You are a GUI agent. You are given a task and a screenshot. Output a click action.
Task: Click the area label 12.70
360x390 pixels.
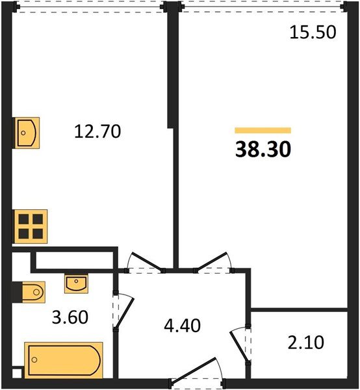coord(97,132)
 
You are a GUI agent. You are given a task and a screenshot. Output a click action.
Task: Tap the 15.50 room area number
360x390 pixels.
coord(313,32)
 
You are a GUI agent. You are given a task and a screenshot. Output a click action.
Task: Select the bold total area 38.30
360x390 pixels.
coord(263,150)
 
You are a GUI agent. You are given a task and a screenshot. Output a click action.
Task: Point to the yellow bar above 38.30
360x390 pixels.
coord(263,131)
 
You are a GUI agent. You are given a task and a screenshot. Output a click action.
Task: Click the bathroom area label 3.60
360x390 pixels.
coord(70,318)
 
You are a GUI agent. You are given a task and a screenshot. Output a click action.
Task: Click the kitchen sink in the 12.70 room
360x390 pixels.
coord(27,133)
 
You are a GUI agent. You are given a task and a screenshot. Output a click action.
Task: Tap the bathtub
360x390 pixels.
coord(64,359)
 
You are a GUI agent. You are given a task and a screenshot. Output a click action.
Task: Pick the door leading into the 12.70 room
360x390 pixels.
coord(144,261)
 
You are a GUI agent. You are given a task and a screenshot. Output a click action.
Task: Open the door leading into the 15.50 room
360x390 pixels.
coord(216,261)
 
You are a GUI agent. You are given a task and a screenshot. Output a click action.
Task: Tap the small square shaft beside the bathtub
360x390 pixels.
coord(17,373)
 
